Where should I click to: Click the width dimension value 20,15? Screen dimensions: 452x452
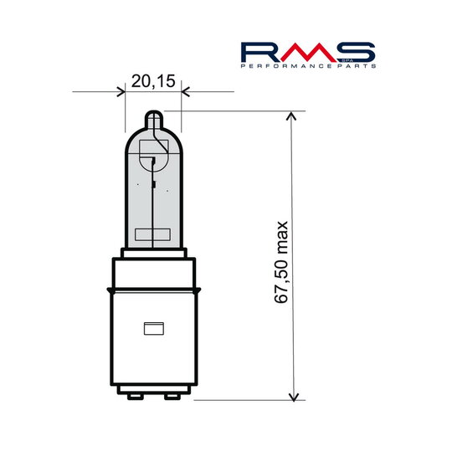pos(153,81)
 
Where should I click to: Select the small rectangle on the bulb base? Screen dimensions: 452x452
pos(153,329)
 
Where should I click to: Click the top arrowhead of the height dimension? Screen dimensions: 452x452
pos(291,117)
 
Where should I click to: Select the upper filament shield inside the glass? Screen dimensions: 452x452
pos(153,157)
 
